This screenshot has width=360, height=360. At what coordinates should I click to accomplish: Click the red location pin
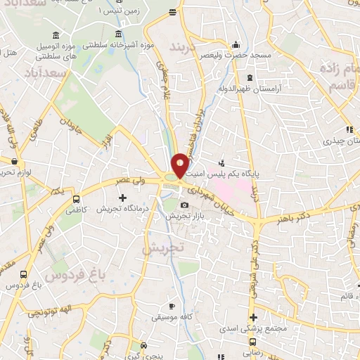(180, 166)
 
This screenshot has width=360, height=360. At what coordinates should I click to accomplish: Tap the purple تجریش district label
(162, 248)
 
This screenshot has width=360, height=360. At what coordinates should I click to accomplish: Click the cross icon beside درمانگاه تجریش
(122, 198)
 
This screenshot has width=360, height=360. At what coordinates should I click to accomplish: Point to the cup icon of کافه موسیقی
(172, 307)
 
